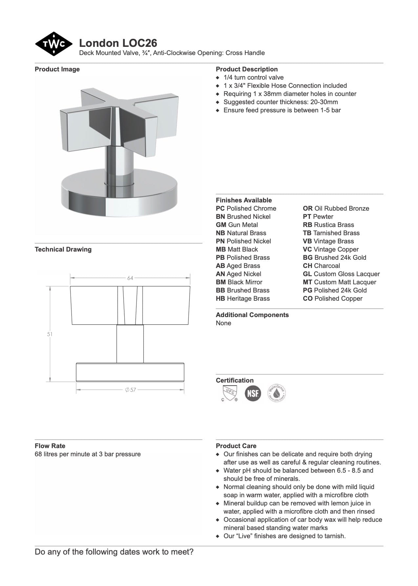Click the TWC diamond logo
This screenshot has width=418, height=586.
click(x=54, y=44)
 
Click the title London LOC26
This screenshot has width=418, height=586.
click(x=118, y=43)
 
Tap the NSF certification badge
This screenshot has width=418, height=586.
click(x=253, y=393)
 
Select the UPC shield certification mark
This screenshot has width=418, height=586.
click(x=229, y=393)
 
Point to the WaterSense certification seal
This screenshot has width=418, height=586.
click(x=277, y=393)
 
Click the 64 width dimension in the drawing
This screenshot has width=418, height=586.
click(x=130, y=278)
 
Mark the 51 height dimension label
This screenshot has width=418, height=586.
click(x=50, y=334)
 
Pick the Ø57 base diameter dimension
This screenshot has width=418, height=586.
click(x=130, y=390)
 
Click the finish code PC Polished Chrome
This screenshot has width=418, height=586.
click(x=246, y=208)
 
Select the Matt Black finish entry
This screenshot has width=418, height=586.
click(x=237, y=249)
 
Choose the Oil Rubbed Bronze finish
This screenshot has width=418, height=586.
click(x=336, y=208)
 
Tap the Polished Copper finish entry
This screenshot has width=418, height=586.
click(x=332, y=298)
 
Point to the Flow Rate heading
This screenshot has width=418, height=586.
click(x=50, y=446)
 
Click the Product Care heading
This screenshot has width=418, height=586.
click(x=236, y=446)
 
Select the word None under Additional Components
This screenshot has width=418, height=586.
click(x=223, y=323)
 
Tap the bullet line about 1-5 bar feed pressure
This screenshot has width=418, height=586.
click(x=282, y=110)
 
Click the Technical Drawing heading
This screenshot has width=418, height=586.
click(x=63, y=249)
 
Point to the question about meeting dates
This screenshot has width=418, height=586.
click(x=114, y=552)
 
